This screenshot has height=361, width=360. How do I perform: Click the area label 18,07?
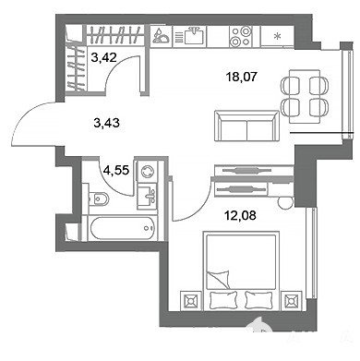[x=241, y=77]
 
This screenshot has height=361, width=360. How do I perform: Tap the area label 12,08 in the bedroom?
[x=240, y=215]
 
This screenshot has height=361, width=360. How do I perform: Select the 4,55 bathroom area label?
[x=116, y=170]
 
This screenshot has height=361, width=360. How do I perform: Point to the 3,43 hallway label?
[x=106, y=123]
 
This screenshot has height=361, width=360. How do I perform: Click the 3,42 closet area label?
[x=104, y=57]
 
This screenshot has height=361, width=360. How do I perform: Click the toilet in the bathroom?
[x=98, y=199]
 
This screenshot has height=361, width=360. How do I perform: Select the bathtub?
[x=123, y=228]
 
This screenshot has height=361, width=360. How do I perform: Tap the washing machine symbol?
[x=147, y=171]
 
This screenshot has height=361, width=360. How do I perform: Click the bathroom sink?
[x=147, y=196]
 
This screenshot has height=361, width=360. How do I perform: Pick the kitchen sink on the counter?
[x=193, y=36]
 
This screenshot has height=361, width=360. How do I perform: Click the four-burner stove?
[x=240, y=36]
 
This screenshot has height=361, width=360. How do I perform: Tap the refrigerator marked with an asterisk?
[x=278, y=37]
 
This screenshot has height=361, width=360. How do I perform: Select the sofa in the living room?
[x=246, y=126]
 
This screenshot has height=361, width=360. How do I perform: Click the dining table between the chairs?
[x=305, y=96]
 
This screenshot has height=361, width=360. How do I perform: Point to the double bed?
[x=241, y=271]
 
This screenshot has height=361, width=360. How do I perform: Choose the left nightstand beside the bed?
[x=190, y=301]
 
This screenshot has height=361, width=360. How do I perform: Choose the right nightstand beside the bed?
[x=292, y=301]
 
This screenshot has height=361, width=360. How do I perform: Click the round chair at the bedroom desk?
[x=285, y=202]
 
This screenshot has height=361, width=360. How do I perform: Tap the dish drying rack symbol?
[x=162, y=36]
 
